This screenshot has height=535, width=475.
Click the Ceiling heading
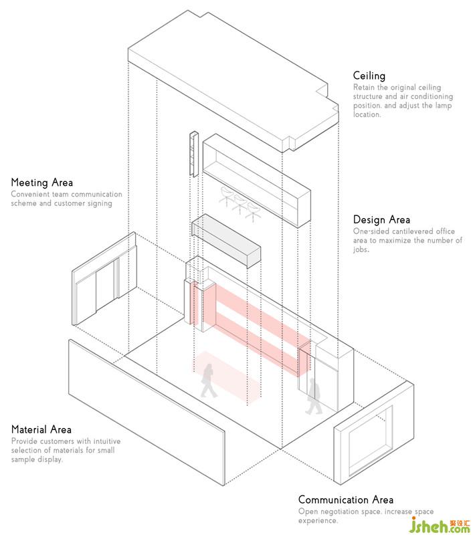369,76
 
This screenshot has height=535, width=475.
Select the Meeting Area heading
42,183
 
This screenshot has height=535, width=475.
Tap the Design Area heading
382,220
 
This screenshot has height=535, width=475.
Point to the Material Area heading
41,430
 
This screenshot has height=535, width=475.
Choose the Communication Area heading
346,500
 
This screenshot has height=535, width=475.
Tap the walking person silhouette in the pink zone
209,381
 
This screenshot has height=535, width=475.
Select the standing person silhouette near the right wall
313,397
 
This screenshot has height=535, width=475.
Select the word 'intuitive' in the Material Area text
109,441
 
